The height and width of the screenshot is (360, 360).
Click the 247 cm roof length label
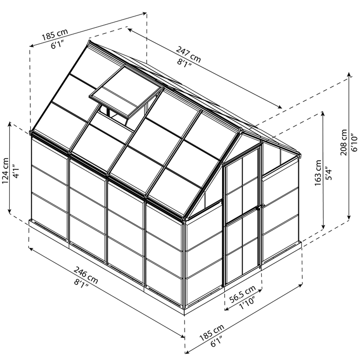pyautogui.click(x=187, y=53)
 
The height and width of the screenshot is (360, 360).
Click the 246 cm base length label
pyautogui.click(x=85, y=275)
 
